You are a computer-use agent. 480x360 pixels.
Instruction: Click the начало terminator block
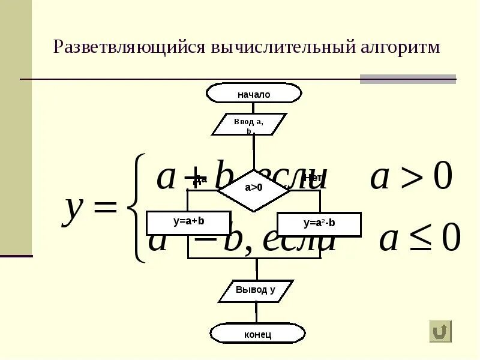click(x=254, y=94)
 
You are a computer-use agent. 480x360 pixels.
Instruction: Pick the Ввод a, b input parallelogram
click(x=249, y=124)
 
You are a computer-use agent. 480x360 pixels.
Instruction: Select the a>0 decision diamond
click(x=254, y=187)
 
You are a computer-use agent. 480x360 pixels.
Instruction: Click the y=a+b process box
click(x=189, y=221)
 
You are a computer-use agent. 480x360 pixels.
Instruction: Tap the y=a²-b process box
click(x=319, y=224)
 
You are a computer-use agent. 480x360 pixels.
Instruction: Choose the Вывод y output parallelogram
click(x=255, y=290)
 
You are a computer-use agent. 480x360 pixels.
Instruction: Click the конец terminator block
click(x=257, y=334)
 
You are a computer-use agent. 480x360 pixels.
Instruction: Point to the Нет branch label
click(x=313, y=178)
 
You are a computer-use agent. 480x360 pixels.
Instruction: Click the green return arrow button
click(x=440, y=331)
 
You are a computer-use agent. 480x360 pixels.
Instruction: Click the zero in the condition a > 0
click(x=442, y=178)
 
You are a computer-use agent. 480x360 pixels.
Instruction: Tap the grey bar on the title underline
click(x=407, y=79)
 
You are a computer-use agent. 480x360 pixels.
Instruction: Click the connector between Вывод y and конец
click(x=256, y=313)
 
